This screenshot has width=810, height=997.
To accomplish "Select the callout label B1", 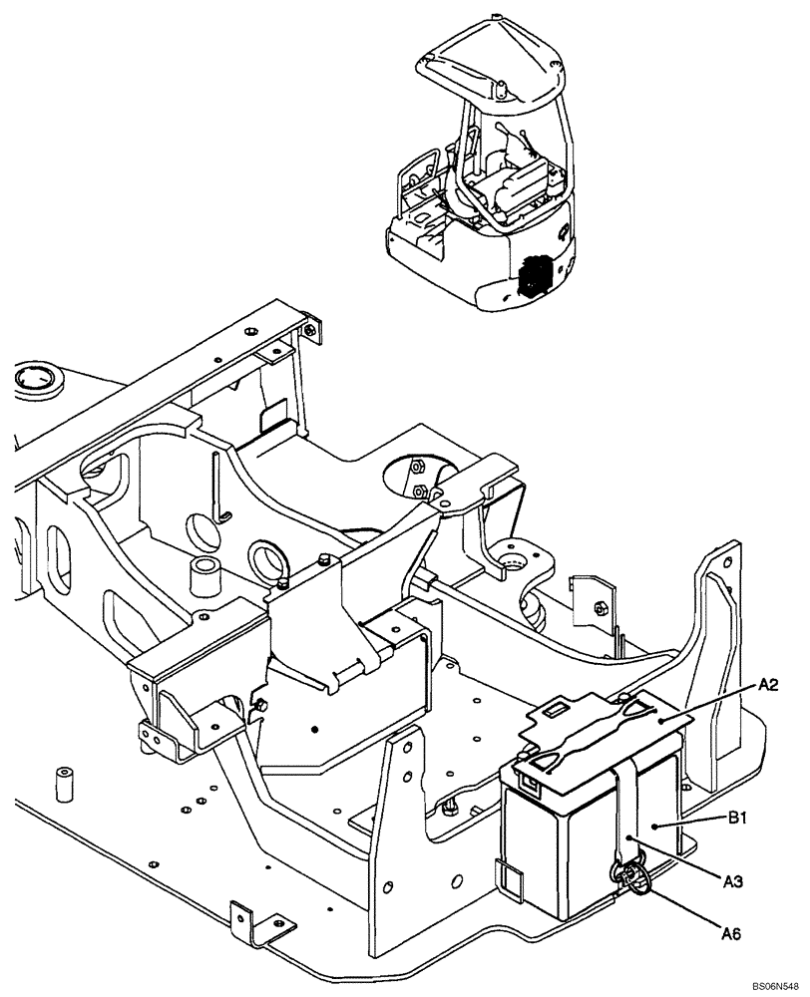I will pyautogui.click(x=738, y=817).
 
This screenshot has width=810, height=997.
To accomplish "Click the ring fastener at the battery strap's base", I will pyautogui.click(x=630, y=877).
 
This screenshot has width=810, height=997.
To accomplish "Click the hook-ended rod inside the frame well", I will pyautogui.click(x=221, y=489).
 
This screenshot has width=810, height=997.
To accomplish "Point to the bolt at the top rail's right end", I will pyautogui.click(x=311, y=330).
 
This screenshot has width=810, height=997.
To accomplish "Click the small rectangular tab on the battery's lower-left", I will pyautogui.click(x=509, y=877).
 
